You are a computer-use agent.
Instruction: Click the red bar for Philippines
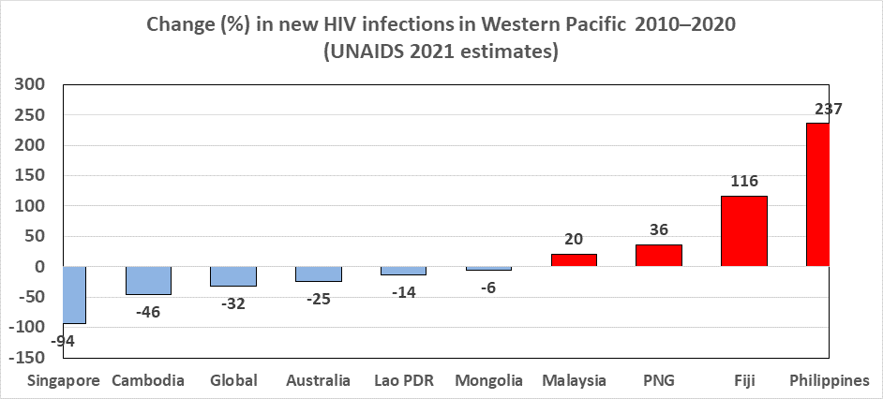tap(817, 195)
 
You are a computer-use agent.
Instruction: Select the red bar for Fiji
tap(744, 231)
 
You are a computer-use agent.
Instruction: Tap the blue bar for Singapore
tap(74, 295)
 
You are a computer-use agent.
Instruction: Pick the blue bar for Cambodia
tap(148, 281)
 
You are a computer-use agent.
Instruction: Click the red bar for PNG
tap(659, 256)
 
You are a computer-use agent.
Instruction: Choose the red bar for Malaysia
tap(574, 260)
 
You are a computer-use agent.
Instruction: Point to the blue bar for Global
tap(233, 276)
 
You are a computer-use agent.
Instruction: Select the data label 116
tap(744, 182)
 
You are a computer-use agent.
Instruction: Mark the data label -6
tap(488, 288)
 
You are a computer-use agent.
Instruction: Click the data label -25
tap(318, 300)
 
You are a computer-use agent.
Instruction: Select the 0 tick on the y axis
tap(39, 267)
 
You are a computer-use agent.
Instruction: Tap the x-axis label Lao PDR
tap(403, 380)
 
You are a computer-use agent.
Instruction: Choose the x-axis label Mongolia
tap(488, 380)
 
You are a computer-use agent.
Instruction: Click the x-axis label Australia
tap(318, 380)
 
